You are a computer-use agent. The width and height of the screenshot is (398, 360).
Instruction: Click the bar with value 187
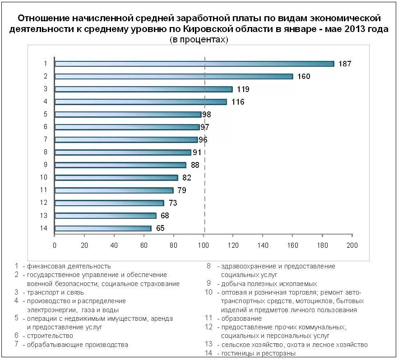[194, 64]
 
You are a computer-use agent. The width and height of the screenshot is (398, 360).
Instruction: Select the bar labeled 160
[174, 76]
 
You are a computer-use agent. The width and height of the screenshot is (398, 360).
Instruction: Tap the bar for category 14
[103, 228]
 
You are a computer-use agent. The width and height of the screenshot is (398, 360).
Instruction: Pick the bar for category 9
[120, 165]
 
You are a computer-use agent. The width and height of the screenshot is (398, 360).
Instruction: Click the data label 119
[243, 89]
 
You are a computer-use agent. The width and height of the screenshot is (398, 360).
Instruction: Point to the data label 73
[173, 203]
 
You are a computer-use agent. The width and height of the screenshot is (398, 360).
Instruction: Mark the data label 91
[197, 152]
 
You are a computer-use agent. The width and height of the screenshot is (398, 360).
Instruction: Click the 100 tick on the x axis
[204, 245]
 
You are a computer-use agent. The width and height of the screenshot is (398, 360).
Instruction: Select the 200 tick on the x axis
[352, 245]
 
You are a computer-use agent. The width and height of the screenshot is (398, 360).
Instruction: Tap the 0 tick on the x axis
[55, 245]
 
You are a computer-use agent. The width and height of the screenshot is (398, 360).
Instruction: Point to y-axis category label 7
[45, 139]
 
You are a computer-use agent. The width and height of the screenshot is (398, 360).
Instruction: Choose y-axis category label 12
[44, 203]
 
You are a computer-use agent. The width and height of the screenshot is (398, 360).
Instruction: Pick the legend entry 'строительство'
[50, 336]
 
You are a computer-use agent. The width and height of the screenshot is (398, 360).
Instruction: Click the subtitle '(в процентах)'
[199, 40]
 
